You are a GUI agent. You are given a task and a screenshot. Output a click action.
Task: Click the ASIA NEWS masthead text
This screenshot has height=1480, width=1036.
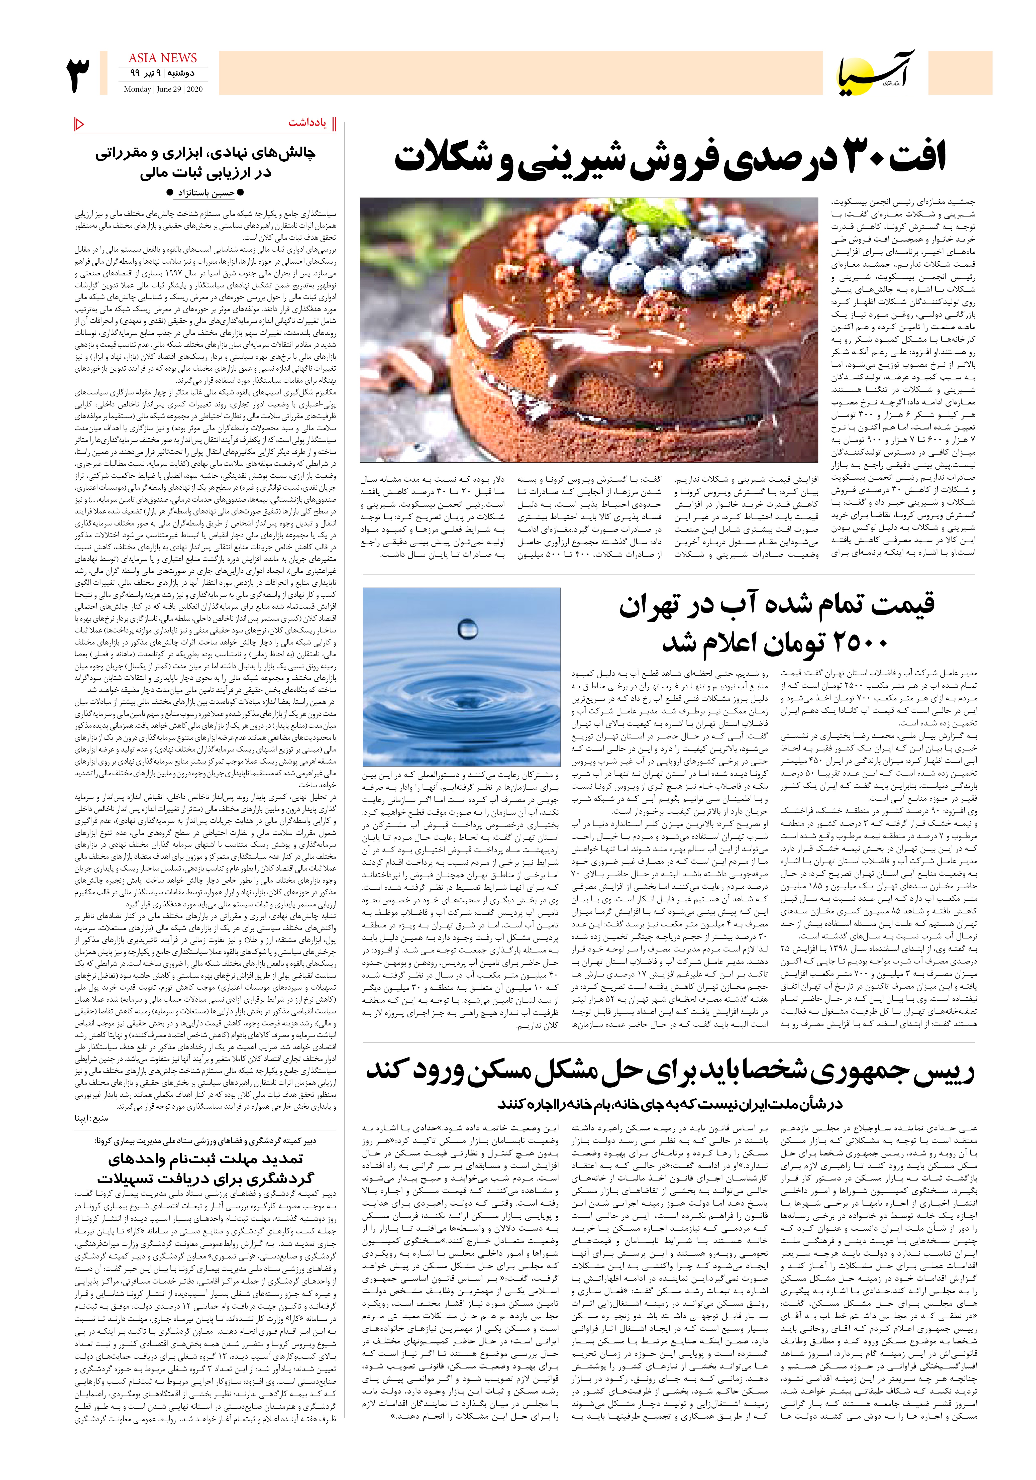pos(162,58)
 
